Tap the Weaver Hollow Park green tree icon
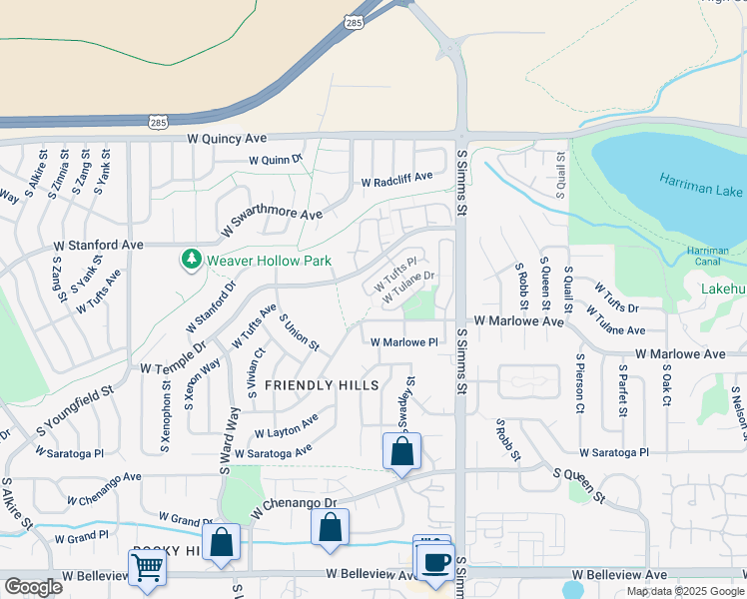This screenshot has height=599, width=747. [x=191, y=260]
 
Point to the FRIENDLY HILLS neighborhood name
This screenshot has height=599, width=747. [x=322, y=385]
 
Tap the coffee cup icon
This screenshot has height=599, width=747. [x=435, y=562]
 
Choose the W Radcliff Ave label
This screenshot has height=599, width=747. [x=396, y=180]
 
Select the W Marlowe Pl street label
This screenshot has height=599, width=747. [x=404, y=342]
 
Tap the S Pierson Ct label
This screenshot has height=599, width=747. [x=579, y=382]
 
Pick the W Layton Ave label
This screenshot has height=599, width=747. [x=286, y=427]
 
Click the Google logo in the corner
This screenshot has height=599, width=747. [x=33, y=587]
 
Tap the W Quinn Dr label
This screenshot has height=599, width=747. [x=276, y=160]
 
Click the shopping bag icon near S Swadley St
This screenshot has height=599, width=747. [x=401, y=451]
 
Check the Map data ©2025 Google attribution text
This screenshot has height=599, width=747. [x=684, y=591]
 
